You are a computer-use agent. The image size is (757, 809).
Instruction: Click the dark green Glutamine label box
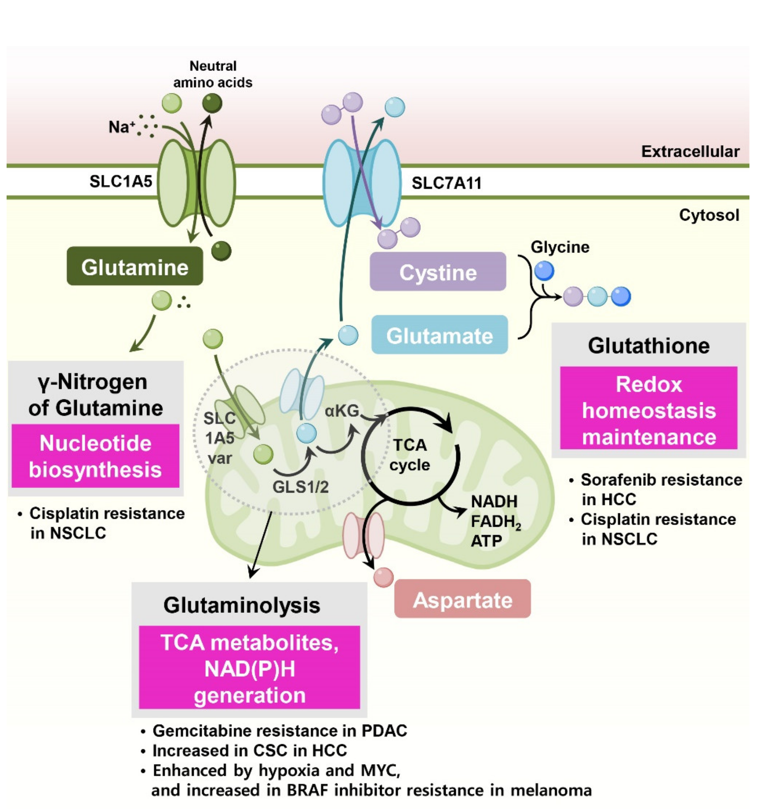coord(135,267)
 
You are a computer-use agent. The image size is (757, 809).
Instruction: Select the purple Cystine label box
coord(438,272)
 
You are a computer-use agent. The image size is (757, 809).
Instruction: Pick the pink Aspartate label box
coord(462,599)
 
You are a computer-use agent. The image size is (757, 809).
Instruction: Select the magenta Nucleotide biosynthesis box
coord(95,456)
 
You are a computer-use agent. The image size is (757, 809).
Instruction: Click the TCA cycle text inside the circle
coord(410,455)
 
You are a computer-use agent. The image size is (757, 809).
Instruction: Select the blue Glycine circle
coord(544,271)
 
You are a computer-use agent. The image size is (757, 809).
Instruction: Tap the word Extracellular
coord(690,151)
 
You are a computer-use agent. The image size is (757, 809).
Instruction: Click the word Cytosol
coord(709,215)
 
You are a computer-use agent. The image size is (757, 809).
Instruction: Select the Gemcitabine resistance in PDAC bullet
coord(279,730)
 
